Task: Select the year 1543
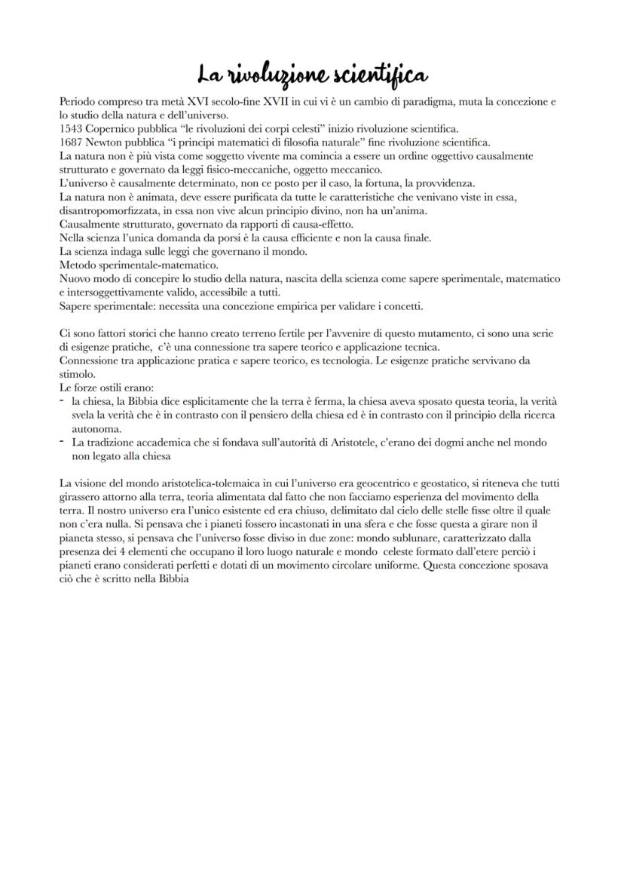pos(69,129)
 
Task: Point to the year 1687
pos(69,142)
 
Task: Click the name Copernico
pos(113,129)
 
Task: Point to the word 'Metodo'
pos(77,265)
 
